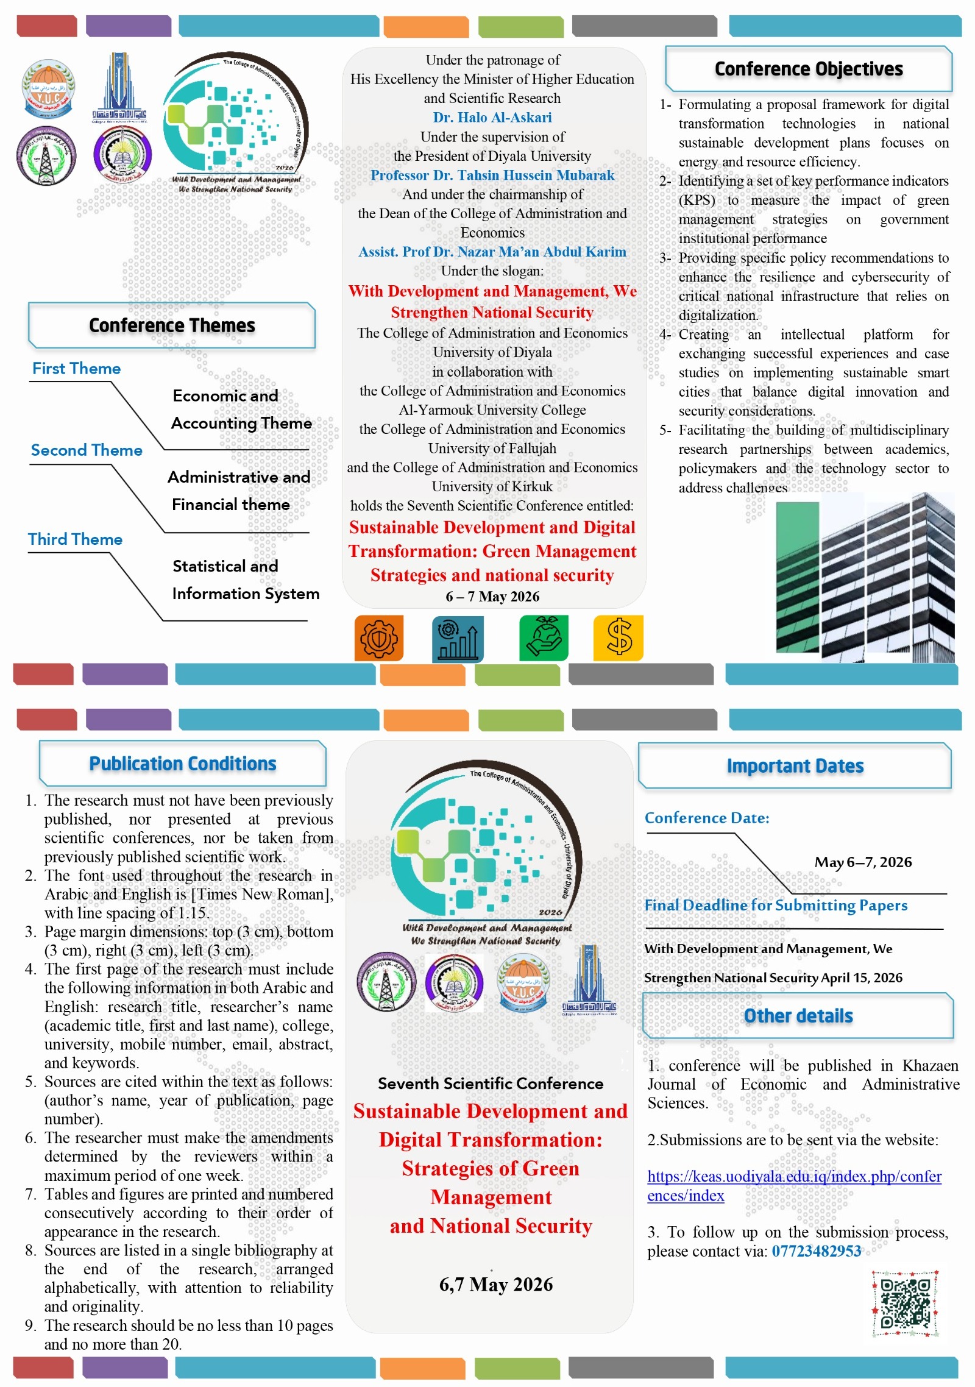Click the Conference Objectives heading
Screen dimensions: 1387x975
(x=808, y=69)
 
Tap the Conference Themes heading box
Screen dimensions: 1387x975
(x=172, y=325)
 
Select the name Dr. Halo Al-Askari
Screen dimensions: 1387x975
(x=492, y=118)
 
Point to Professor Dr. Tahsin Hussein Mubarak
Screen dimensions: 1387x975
(x=492, y=176)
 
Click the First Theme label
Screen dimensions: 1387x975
(x=76, y=369)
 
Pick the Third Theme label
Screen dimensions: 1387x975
(x=75, y=539)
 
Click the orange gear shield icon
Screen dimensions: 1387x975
(x=379, y=638)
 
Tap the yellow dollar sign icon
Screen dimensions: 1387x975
(x=619, y=638)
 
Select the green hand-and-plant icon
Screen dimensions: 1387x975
(x=544, y=638)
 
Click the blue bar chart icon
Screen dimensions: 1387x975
(x=458, y=639)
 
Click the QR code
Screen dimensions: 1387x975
(x=905, y=1304)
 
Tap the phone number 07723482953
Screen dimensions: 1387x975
(x=817, y=1251)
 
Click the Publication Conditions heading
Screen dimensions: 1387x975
(x=183, y=764)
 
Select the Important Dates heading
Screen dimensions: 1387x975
(x=795, y=766)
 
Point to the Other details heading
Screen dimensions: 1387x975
(x=798, y=1016)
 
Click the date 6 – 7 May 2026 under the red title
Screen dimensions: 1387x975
(x=492, y=597)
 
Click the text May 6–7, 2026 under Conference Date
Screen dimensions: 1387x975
(x=863, y=862)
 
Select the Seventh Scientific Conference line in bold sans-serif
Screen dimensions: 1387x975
(x=491, y=1084)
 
